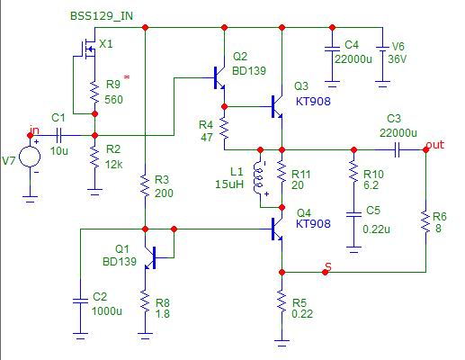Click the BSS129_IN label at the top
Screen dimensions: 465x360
tap(102, 16)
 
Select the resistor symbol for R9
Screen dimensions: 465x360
tap(94, 93)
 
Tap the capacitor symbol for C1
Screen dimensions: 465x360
tap(58, 136)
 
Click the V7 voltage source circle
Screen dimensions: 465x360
tap(30, 157)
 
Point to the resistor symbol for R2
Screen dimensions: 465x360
tap(94, 157)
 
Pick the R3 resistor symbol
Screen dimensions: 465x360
tap(145, 186)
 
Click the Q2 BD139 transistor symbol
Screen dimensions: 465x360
tap(219, 78)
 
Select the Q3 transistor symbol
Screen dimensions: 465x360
tap(277, 107)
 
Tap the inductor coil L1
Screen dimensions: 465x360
tap(258, 178)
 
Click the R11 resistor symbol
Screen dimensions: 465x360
tap(282, 173)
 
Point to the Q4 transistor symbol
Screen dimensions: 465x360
tap(277, 229)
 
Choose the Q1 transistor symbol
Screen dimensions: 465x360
tap(150, 258)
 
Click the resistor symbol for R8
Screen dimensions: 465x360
tap(145, 301)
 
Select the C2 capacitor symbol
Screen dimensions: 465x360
tap(80, 301)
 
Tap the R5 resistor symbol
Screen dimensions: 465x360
tap(282, 301)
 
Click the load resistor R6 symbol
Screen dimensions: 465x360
tap(425, 221)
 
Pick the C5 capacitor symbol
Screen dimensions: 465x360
tap(353, 214)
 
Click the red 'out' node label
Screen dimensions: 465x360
tap(435, 145)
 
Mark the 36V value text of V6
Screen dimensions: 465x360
tap(398, 59)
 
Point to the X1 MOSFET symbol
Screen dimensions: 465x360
tap(88, 48)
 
